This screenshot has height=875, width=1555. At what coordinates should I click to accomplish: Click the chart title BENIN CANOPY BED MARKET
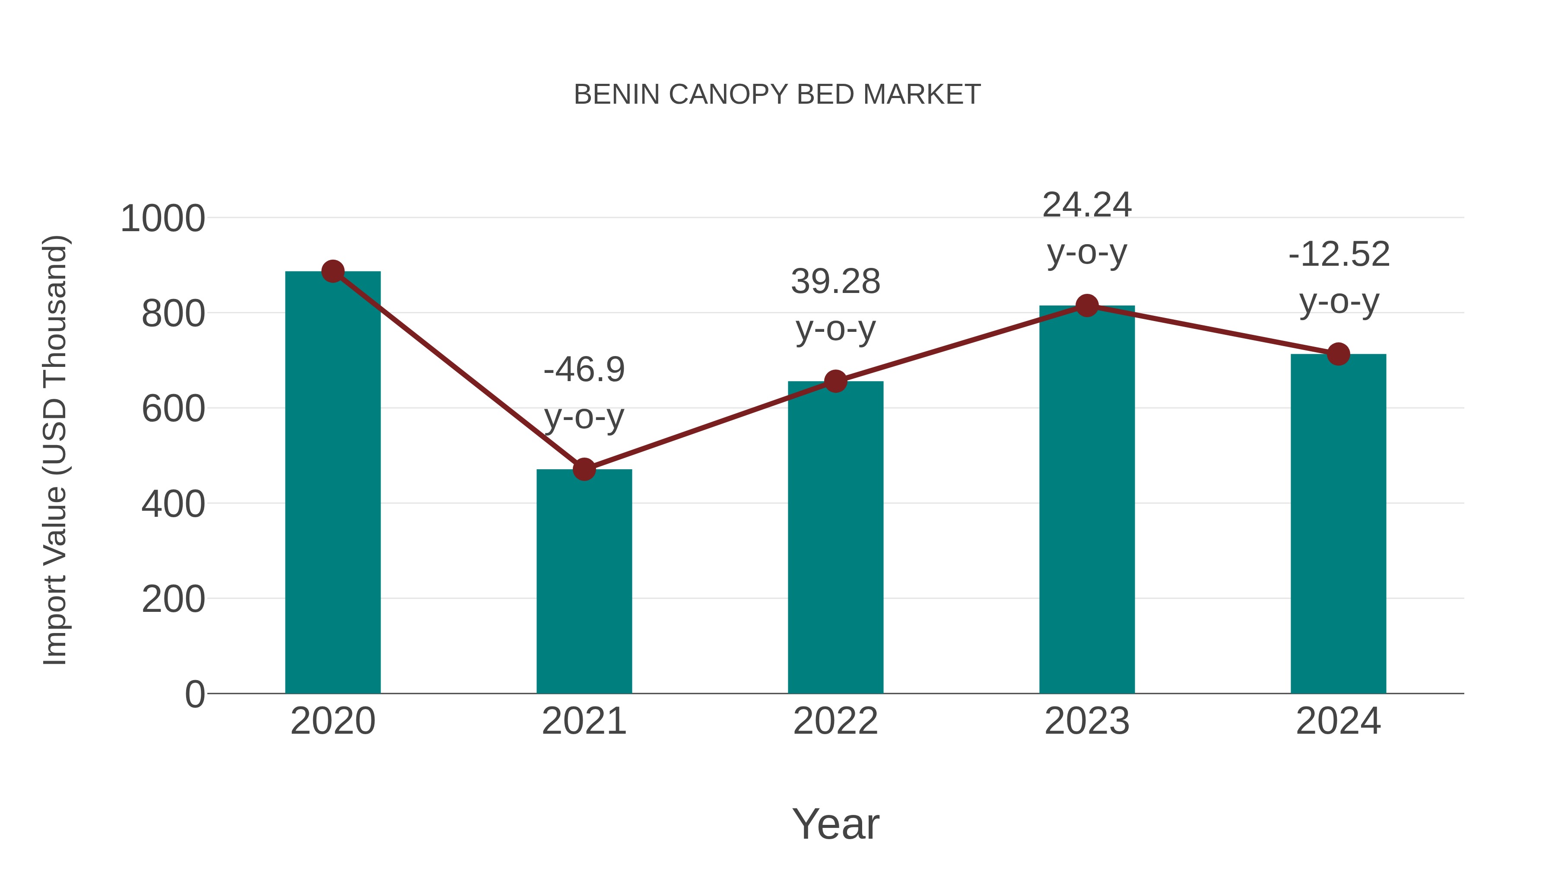point(777,95)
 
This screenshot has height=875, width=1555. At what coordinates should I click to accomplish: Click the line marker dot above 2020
point(333,272)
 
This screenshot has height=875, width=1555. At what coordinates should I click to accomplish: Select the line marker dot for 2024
point(1338,354)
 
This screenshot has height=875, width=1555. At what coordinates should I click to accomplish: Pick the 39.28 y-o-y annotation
point(835,305)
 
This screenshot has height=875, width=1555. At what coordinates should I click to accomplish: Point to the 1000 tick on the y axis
point(163,219)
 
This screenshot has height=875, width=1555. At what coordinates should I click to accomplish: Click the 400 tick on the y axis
point(173,504)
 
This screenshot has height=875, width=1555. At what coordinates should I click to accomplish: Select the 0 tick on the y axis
point(194,694)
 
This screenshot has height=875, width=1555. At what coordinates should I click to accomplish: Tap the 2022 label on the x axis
point(835,721)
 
